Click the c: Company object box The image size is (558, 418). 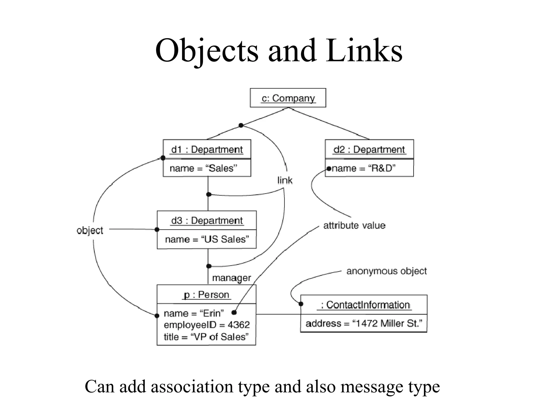click(288, 98)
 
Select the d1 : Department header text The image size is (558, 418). click(207, 149)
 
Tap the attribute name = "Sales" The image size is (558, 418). click(203, 168)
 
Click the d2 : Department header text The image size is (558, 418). click(369, 149)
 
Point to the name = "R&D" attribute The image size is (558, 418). click(363, 168)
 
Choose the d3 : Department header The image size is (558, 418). click(207, 220)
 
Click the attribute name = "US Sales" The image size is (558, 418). click(207, 239)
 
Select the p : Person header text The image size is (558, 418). click(207, 294)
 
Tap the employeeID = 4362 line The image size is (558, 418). click(207, 325)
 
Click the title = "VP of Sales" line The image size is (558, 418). click(206, 337)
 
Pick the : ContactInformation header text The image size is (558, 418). click(365, 305)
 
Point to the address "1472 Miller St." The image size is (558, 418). click(363, 323)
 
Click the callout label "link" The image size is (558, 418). click(285, 180)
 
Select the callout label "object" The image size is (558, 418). click(90, 230)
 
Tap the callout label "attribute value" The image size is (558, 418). click(354, 225)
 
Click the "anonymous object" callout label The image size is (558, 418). click(386, 271)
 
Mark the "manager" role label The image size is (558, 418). click(231, 278)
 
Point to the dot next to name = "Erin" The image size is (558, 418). click(234, 312)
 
